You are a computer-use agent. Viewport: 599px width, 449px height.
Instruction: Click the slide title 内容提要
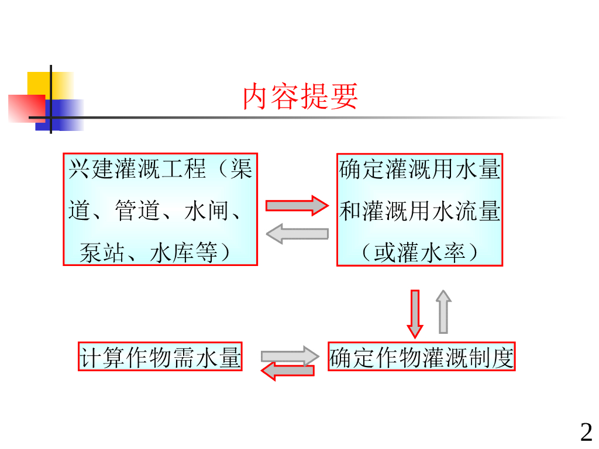(300, 97)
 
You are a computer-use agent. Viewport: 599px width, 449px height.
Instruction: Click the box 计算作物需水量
(160, 357)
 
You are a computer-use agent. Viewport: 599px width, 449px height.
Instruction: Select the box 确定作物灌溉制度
(421, 357)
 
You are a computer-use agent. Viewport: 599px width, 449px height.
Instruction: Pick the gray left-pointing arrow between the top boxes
(297, 234)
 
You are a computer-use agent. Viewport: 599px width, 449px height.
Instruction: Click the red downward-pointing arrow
(415, 313)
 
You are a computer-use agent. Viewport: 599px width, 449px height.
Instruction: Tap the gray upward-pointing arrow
(443, 312)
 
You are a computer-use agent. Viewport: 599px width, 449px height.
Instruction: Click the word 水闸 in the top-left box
(208, 211)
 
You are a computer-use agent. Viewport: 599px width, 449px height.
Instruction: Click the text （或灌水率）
(419, 253)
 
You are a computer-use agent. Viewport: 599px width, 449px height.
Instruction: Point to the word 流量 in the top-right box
(478, 211)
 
